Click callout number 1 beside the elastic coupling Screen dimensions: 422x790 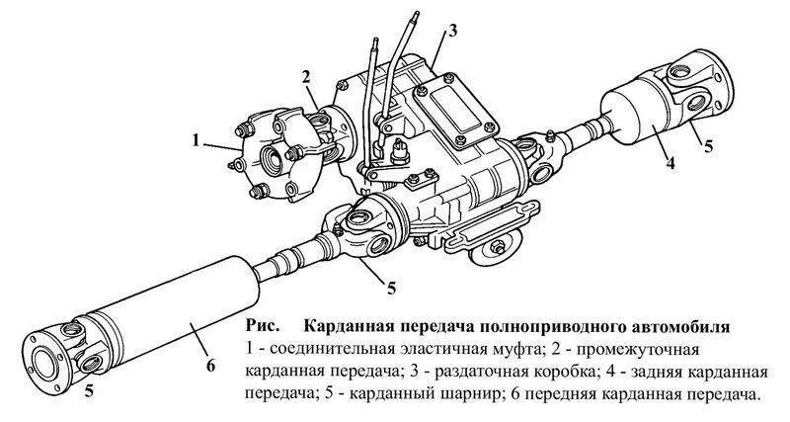pos(197,141)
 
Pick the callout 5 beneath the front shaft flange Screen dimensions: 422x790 pos(89,390)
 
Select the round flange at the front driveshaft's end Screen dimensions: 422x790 pos(41,353)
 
